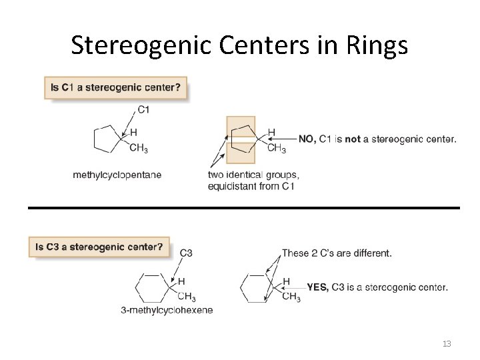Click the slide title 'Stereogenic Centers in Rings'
[x=239, y=45]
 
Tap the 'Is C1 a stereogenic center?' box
[x=116, y=88]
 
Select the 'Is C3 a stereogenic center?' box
[x=99, y=247]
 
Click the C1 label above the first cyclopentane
[x=143, y=110]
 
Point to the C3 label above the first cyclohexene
[x=186, y=253]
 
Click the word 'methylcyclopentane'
[x=117, y=175]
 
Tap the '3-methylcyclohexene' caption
[x=167, y=310]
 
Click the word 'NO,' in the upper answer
[x=307, y=139]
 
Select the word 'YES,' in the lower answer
[x=318, y=287]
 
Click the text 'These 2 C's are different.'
[x=337, y=253]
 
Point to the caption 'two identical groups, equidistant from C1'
[x=253, y=181]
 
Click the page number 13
[x=447, y=344]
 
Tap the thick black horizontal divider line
[x=243, y=208]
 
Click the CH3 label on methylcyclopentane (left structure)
[x=139, y=149]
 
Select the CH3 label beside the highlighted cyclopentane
[x=276, y=149]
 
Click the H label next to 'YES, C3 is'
[x=286, y=281]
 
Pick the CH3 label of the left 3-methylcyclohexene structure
[x=186, y=297]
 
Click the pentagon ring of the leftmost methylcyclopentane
[x=106, y=139]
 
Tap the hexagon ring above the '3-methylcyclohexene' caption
[x=151, y=288]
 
